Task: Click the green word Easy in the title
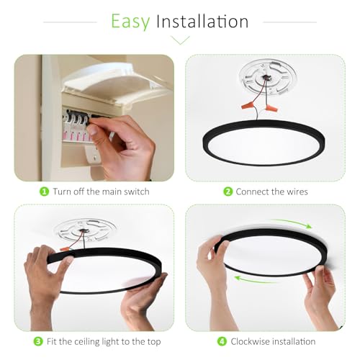[130, 22]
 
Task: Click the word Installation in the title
[202, 21]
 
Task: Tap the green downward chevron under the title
[181, 40]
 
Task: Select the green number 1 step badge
[44, 192]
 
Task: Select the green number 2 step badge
[228, 192]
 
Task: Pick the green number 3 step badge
[38, 341]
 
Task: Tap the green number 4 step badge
[222, 341]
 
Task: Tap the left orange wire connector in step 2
[248, 106]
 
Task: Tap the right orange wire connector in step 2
[271, 108]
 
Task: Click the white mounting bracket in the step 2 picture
[268, 78]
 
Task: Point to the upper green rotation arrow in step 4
[292, 222]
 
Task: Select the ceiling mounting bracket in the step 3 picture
[84, 231]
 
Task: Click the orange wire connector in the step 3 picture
[64, 249]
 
